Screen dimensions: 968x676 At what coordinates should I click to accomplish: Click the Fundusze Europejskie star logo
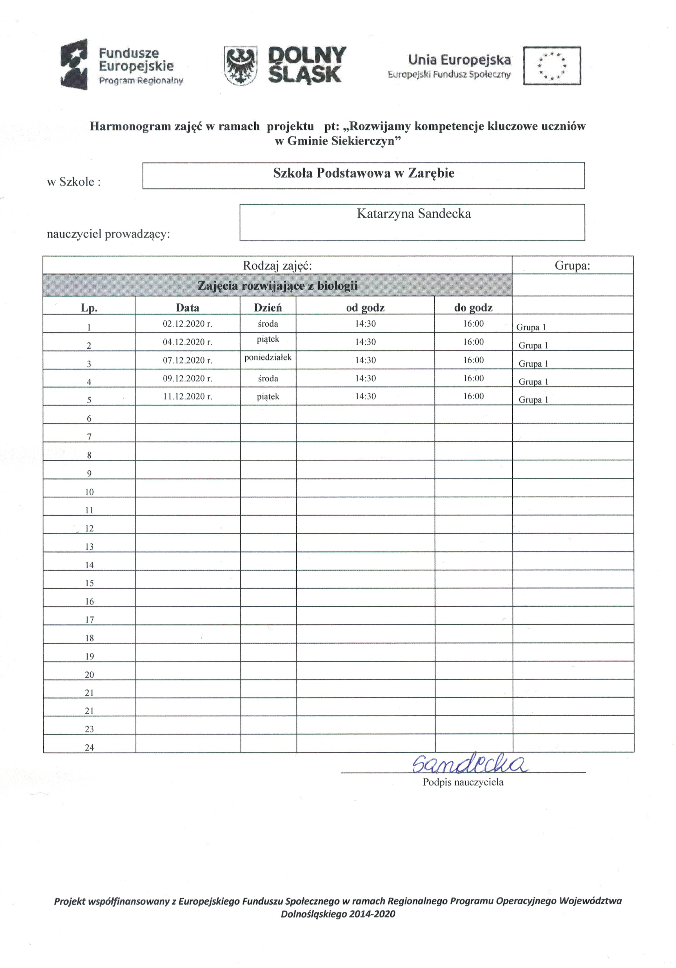pos(74,64)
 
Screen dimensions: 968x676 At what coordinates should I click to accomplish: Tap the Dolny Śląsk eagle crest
pos(240,66)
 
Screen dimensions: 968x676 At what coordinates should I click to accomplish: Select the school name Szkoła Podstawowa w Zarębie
pos(364,173)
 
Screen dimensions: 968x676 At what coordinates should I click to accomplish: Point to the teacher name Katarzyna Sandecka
pos(414,214)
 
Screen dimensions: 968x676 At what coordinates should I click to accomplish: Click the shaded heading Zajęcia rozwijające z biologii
pos(277,286)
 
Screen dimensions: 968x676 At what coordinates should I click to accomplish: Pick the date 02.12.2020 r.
pos(187,324)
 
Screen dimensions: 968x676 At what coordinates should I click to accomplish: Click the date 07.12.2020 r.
pos(187,360)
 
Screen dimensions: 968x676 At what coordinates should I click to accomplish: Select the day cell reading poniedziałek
pos(268,357)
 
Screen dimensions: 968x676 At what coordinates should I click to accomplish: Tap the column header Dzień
pos(268,308)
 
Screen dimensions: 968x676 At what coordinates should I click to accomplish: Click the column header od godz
pos(365,308)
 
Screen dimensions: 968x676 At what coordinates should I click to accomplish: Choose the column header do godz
pos(473,308)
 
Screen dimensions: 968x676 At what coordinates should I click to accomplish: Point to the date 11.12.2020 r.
pos(187,396)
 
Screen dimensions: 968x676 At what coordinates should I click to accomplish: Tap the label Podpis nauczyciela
pos(463,782)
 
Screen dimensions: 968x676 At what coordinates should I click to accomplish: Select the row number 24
pos(89,747)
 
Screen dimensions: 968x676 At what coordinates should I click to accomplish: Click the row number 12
pos(89,528)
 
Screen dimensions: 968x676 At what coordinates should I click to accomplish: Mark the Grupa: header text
pos(572,266)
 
